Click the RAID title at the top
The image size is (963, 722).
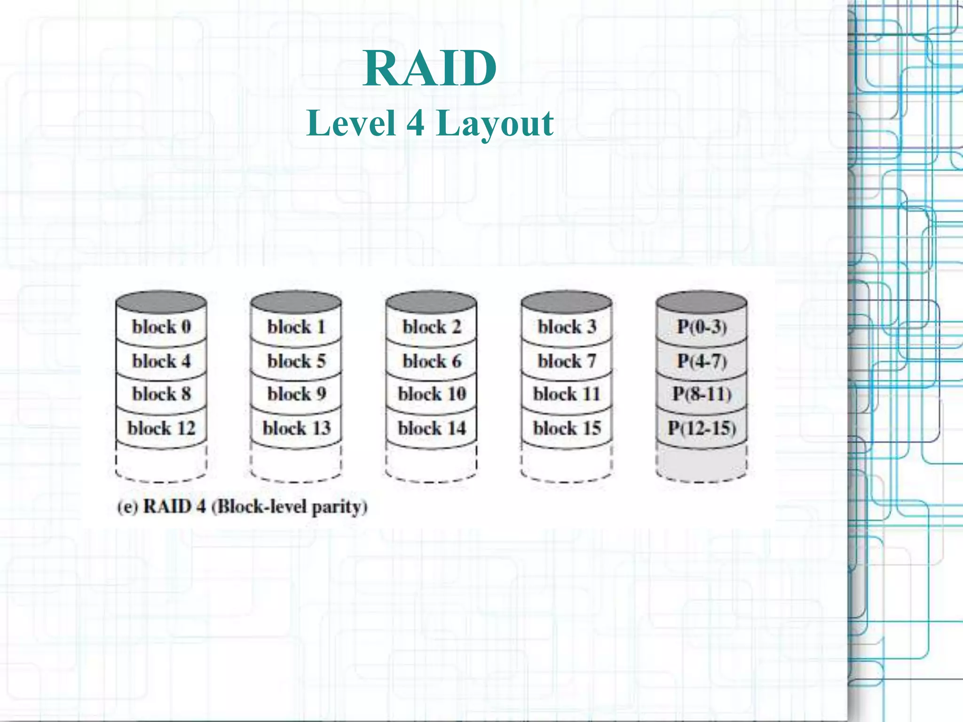pyautogui.click(x=430, y=69)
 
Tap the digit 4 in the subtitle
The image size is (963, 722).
pyautogui.click(x=415, y=123)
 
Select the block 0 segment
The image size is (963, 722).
pyautogui.click(x=161, y=327)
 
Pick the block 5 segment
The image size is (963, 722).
pyautogui.click(x=296, y=361)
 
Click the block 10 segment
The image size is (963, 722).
pyautogui.click(x=432, y=394)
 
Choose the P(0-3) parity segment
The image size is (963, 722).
pyautogui.click(x=702, y=327)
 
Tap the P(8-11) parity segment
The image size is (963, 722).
pyautogui.click(x=702, y=394)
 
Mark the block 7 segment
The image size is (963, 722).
pyautogui.click(x=567, y=361)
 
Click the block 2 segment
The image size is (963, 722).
pyautogui.click(x=432, y=327)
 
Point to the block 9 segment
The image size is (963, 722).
pyautogui.click(x=296, y=394)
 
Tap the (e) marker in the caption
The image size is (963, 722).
pyautogui.click(x=127, y=507)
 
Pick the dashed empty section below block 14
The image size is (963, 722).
pyautogui.click(x=432, y=463)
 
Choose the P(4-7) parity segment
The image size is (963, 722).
pyautogui.click(x=702, y=361)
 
